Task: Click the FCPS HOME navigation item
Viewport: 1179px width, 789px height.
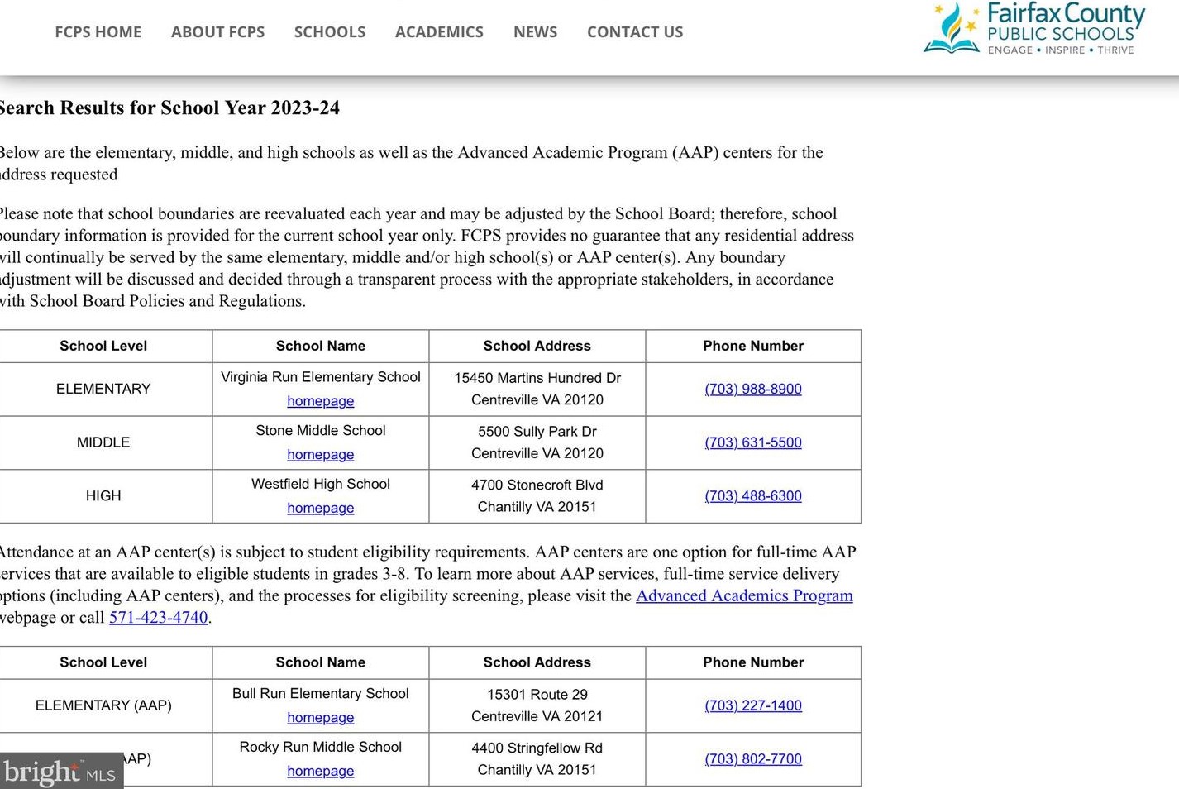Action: (x=98, y=32)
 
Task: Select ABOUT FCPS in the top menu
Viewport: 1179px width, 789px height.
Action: (x=217, y=32)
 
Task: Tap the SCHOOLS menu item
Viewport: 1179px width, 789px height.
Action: (x=329, y=32)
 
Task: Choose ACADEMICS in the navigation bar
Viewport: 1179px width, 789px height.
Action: (x=439, y=32)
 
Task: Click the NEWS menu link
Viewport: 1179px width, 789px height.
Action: (x=535, y=32)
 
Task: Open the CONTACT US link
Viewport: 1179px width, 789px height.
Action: (x=635, y=32)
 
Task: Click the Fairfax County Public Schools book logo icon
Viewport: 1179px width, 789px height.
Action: (x=952, y=30)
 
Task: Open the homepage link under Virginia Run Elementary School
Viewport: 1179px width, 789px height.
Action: (x=320, y=401)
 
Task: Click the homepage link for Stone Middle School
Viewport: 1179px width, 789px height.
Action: (x=320, y=455)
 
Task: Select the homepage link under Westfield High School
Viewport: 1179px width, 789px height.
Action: (x=320, y=509)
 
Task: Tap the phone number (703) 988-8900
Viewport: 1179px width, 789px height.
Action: (x=752, y=390)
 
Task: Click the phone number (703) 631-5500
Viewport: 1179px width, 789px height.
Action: (x=752, y=442)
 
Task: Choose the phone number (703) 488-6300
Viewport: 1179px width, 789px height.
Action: (x=752, y=496)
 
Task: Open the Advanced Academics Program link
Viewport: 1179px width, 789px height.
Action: (x=743, y=595)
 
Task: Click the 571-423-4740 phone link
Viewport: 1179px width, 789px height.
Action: (x=158, y=618)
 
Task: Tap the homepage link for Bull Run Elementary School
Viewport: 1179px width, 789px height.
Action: (x=320, y=718)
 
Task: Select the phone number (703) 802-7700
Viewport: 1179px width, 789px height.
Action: (x=752, y=759)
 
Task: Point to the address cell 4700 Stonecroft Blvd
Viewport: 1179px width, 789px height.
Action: (x=537, y=485)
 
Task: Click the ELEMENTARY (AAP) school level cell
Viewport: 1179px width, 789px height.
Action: (x=103, y=705)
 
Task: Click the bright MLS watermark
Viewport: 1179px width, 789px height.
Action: (x=60, y=772)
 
